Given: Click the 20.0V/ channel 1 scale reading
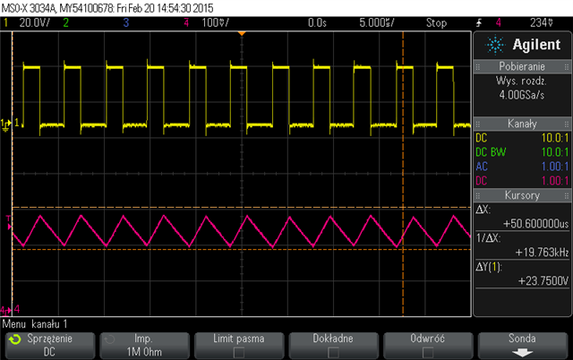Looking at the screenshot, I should click(x=34, y=21).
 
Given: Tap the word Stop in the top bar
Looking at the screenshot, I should click(x=436, y=21).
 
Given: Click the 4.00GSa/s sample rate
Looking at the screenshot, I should click(x=520, y=104).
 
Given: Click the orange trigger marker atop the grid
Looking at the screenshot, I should click(x=242, y=34).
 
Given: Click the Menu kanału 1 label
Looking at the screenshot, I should click(x=36, y=322).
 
